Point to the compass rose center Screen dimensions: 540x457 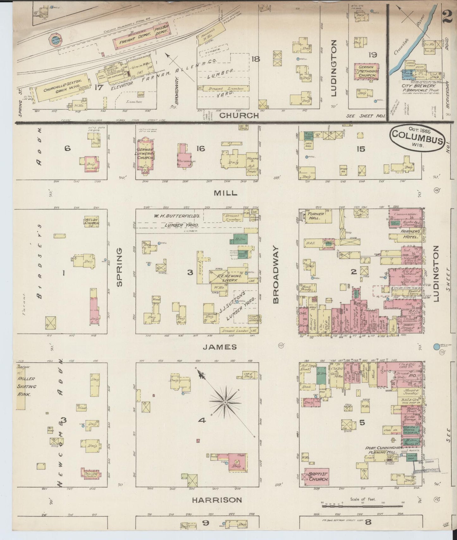225,402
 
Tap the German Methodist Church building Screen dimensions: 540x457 366,72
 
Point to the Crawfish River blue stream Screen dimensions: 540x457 411,47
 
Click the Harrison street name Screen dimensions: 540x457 217,500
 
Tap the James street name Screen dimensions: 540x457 215,347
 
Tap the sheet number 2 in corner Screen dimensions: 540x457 447,14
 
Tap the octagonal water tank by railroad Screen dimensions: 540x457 56,40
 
